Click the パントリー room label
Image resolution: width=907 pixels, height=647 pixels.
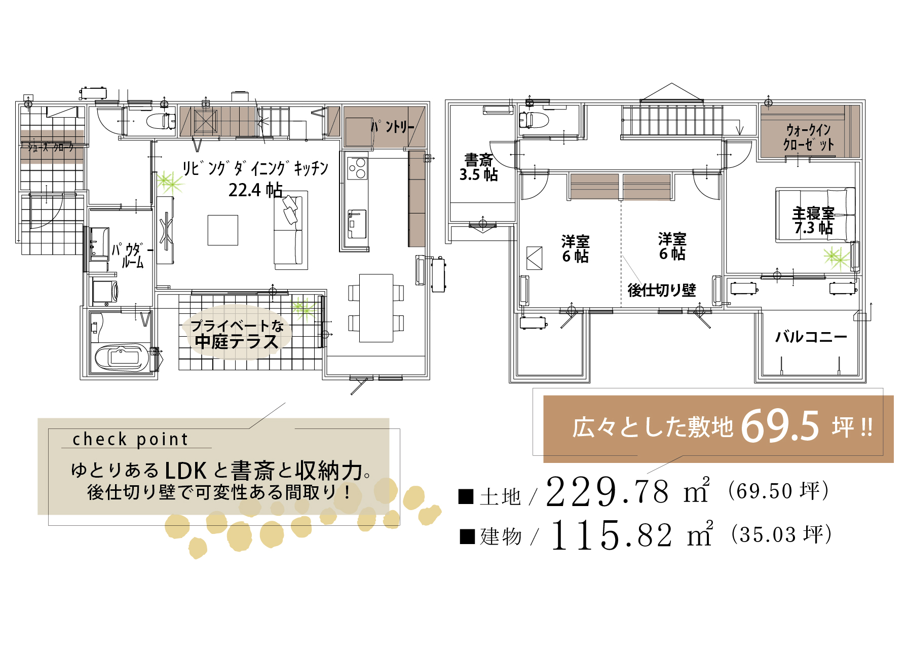click(x=393, y=126)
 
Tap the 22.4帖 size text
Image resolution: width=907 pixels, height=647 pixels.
click(x=255, y=190)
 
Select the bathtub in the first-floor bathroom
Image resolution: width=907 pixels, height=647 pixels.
click(x=121, y=357)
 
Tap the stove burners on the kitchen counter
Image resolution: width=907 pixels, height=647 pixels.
click(x=357, y=168)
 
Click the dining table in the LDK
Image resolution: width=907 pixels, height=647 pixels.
click(x=376, y=308)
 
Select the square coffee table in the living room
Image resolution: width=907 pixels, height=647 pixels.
click(x=223, y=230)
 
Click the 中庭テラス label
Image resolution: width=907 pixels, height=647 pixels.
click(x=237, y=342)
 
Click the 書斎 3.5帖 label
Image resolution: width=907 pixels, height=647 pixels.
click(x=479, y=168)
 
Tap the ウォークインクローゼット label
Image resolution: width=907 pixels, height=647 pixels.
click(x=809, y=137)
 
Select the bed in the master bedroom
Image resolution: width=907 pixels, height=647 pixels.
click(x=815, y=215)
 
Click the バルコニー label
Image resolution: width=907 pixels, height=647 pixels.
click(x=811, y=337)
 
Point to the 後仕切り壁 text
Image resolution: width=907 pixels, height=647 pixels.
click(x=662, y=290)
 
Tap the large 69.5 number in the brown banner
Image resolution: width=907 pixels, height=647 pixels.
click(x=780, y=426)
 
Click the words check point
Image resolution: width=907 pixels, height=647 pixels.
click(x=130, y=439)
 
